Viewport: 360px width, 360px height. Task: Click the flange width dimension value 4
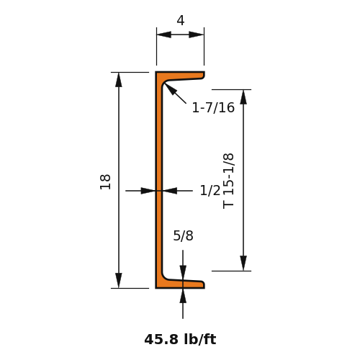181,20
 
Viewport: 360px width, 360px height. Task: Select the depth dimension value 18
105,182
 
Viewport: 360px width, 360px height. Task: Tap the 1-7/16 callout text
213,107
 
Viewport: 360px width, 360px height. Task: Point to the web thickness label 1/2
210,191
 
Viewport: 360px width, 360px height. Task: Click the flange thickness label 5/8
183,235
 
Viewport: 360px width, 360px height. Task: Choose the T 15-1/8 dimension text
228,181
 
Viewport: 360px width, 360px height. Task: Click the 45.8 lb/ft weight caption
180,340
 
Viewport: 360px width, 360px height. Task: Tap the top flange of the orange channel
180,76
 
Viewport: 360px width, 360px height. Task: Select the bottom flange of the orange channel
180,284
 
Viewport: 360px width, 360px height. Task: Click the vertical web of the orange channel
158,180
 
